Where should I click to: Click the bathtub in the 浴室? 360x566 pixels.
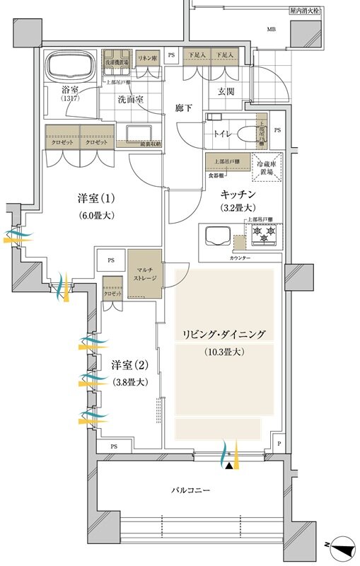click(70, 69)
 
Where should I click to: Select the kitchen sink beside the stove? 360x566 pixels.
click(216, 235)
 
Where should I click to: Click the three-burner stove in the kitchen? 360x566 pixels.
click(263, 235)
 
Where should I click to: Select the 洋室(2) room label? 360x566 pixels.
click(129, 366)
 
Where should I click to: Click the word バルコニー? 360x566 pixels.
click(192, 490)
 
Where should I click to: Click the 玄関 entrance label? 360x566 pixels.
click(226, 91)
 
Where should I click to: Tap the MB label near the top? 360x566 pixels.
click(271, 30)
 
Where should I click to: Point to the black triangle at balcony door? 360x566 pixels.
click(228, 466)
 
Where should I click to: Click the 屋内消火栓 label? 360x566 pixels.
click(305, 11)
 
